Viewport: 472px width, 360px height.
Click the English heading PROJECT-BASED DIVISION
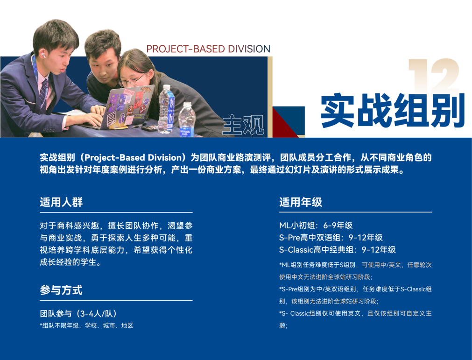pyautogui.click(x=208, y=49)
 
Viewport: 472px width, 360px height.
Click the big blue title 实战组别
pyautogui.click(x=393, y=111)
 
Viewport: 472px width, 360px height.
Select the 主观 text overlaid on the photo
pyautogui.click(x=243, y=124)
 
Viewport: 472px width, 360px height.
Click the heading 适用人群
pyautogui.click(x=62, y=202)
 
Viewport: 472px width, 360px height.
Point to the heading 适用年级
pyautogui.click(x=301, y=202)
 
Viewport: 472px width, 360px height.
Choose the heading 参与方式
pyautogui.click(x=61, y=290)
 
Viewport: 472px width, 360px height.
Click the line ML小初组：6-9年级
pyautogui.click(x=316, y=226)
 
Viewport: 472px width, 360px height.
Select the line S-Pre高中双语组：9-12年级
pyautogui.click(x=331, y=238)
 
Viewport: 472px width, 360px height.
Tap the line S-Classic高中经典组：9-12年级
pyautogui.click(x=338, y=250)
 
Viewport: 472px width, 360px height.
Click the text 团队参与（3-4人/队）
pyautogui.click(x=78, y=313)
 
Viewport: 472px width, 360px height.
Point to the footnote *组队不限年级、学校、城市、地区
pyautogui.click(x=86, y=325)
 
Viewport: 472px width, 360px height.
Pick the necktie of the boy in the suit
pyautogui.click(x=43, y=93)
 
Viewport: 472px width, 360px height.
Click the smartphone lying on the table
pyautogui.click(x=149, y=127)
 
